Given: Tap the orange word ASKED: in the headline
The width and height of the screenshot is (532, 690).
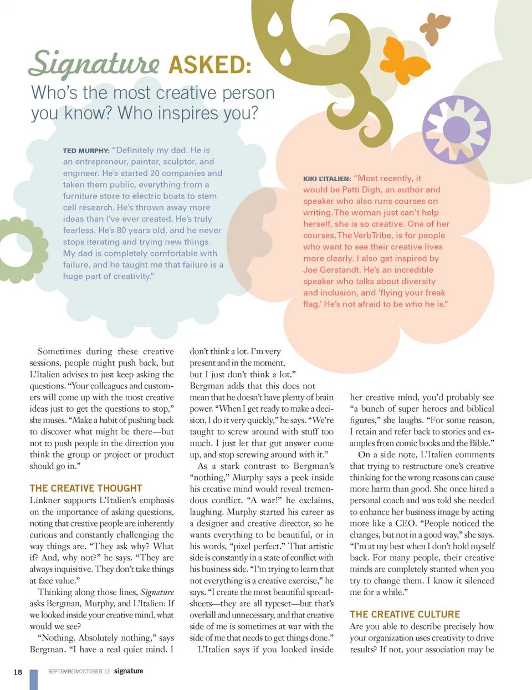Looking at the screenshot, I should (x=210, y=65).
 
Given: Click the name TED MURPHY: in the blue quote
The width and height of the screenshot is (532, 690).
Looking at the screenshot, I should (x=86, y=151).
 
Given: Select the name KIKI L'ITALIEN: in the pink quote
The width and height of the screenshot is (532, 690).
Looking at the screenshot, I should (x=327, y=179).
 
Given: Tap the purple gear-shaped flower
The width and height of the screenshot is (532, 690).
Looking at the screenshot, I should (x=456, y=129).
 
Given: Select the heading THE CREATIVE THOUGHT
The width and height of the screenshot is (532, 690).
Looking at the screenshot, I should (x=86, y=488).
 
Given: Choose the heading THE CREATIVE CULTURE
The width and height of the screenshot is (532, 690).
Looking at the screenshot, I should (x=405, y=614).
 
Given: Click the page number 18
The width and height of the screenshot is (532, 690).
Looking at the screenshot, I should (x=18, y=672).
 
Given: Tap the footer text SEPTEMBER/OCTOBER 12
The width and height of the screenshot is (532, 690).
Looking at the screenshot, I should (x=79, y=672).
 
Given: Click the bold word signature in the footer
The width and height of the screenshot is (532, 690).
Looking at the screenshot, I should (x=129, y=671).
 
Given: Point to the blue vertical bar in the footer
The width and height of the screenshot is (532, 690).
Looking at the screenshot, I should (x=33, y=679).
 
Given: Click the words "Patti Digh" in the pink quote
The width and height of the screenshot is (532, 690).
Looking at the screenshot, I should (x=364, y=190).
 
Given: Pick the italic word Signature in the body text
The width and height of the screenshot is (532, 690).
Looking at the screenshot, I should (x=157, y=592).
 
